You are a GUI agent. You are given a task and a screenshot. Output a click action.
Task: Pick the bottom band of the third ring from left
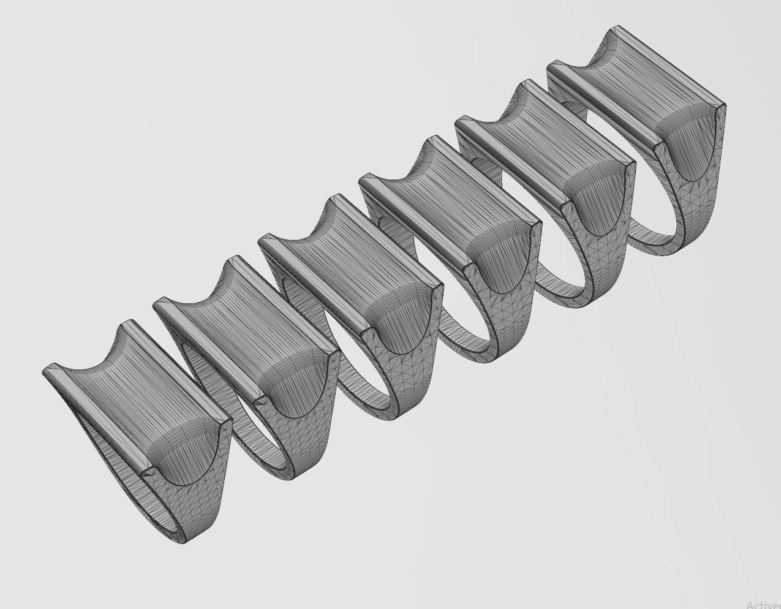[x=380, y=410]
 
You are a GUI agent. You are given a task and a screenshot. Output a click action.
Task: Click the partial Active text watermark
[x=763, y=604]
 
